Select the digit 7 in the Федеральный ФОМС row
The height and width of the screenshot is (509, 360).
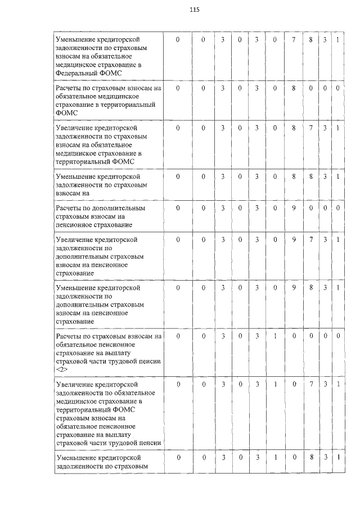[294, 40]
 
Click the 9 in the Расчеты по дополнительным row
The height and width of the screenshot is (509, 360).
[294, 208]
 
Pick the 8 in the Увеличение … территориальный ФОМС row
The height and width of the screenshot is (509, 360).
[294, 128]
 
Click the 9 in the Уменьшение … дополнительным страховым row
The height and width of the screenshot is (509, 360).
[294, 288]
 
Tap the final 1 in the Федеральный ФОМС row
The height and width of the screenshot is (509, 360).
[337, 40]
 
